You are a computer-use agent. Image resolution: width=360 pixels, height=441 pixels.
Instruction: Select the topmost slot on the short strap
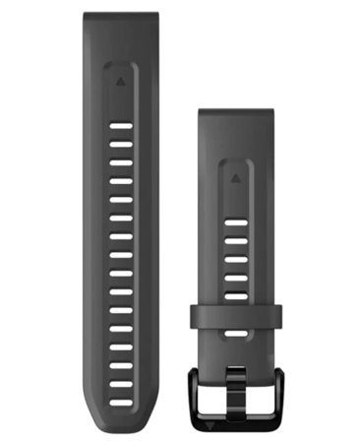pyautogui.click(x=235, y=223)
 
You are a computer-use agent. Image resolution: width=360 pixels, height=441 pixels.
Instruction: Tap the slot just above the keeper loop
pyautogui.click(x=235, y=294)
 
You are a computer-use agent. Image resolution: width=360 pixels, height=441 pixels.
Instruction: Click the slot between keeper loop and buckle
pyautogui.click(x=235, y=335)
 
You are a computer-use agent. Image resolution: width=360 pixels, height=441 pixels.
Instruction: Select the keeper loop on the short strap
pyautogui.click(x=235, y=315)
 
